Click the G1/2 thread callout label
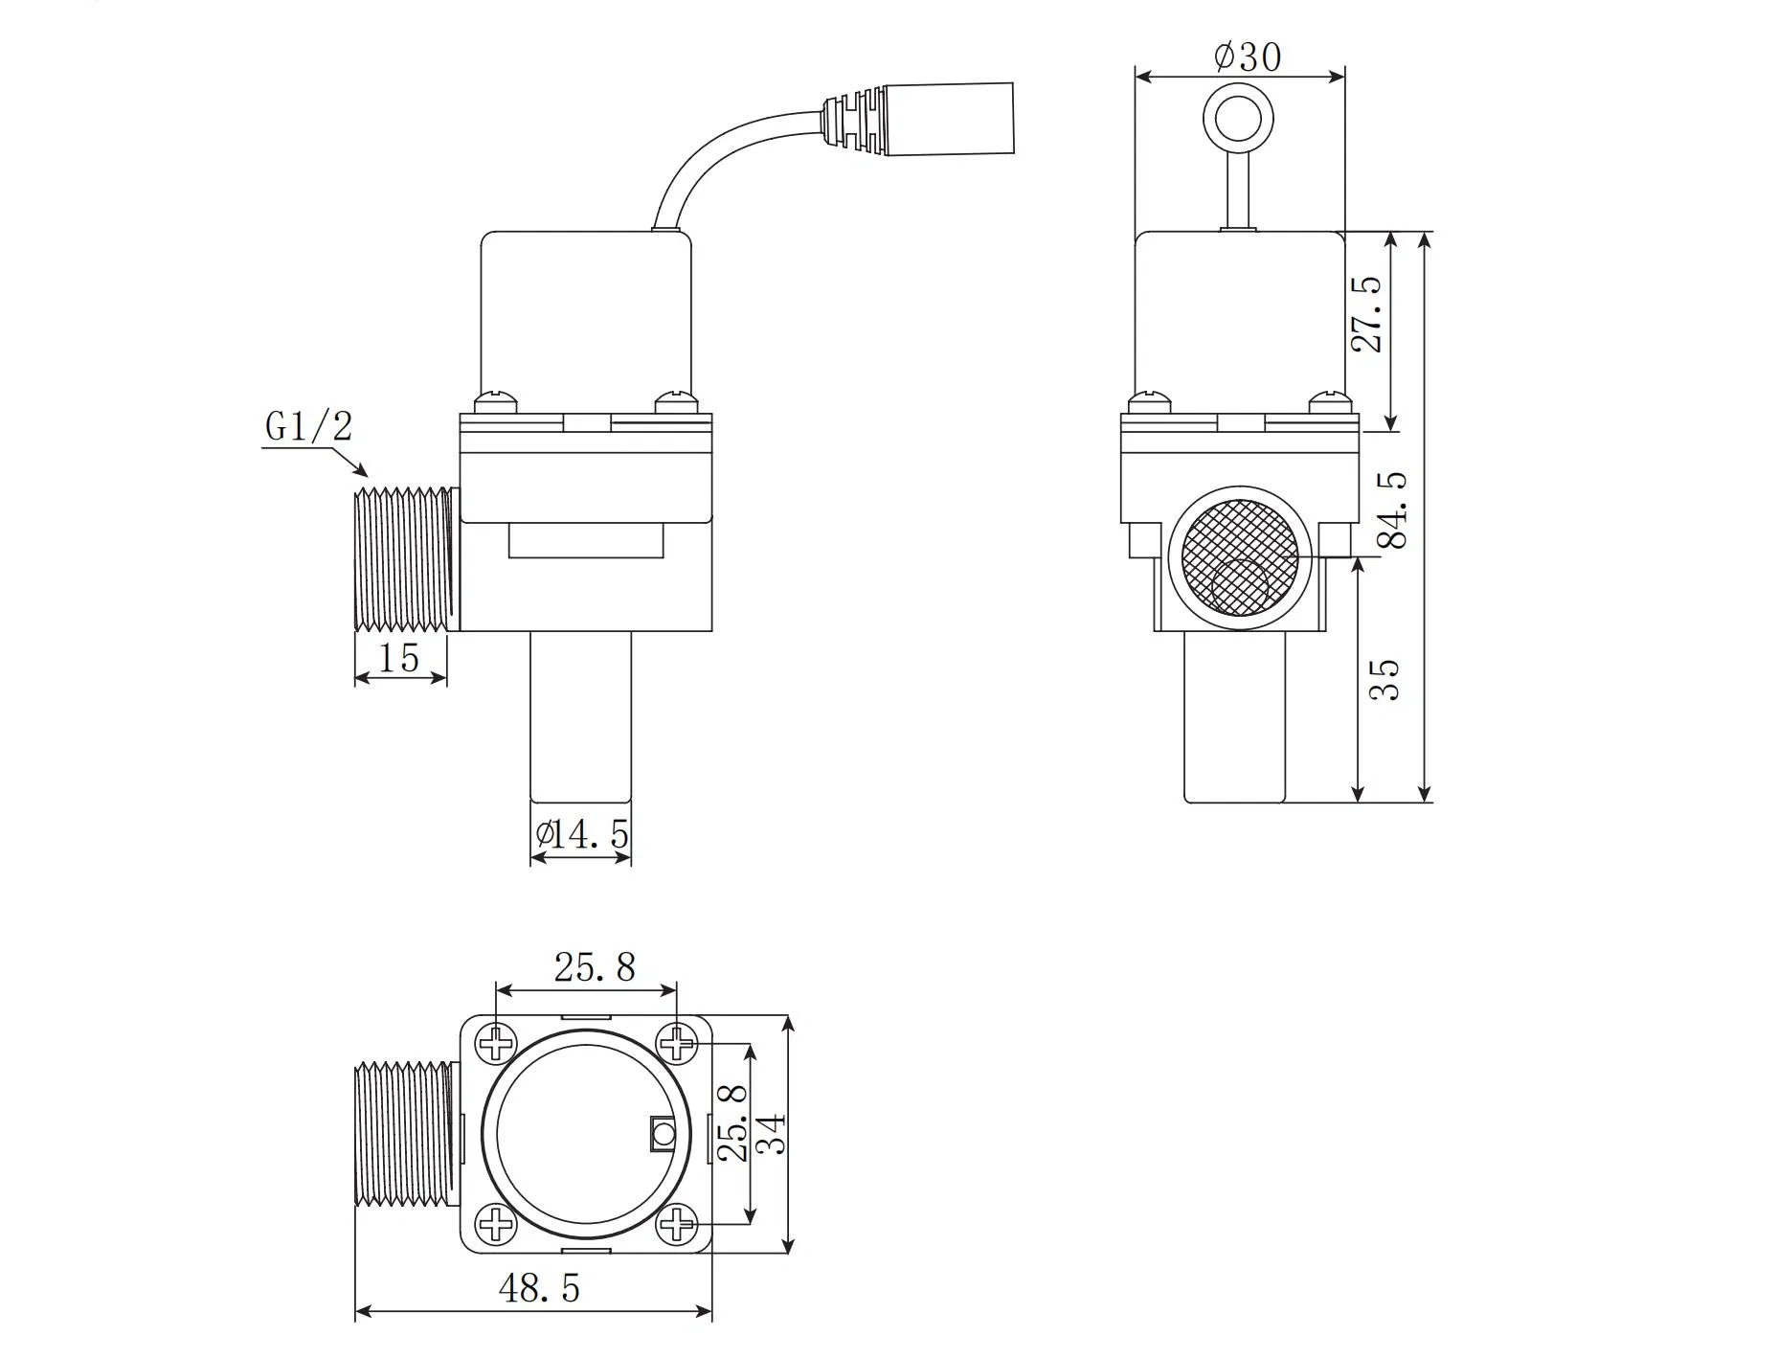coord(308,427)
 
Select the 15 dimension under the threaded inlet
coord(399,658)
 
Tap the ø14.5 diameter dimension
coord(582,835)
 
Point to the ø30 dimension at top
coord(1247,57)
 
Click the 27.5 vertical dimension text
coord(1368,315)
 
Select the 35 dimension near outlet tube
coord(1384,679)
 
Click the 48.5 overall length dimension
coord(539,1289)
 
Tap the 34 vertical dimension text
coord(772,1133)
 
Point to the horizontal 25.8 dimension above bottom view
coord(595,967)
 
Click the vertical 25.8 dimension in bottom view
coord(732,1122)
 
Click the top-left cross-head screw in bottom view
coord(497,1043)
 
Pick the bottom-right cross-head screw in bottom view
coord(677,1224)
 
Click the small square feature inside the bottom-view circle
coord(662,1136)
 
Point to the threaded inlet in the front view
coord(402,560)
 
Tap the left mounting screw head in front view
coord(497,400)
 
